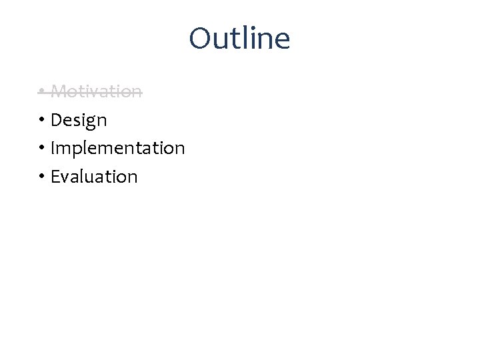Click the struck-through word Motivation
(96, 91)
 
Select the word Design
(79, 120)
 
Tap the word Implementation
(117, 148)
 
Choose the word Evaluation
(94, 177)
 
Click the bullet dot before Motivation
(41, 91)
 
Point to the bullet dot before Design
(41, 120)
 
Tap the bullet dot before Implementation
(41, 148)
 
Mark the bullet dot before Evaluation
(41, 177)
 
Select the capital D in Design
(57, 120)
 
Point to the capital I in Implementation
(53, 148)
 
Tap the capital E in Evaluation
(55, 177)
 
